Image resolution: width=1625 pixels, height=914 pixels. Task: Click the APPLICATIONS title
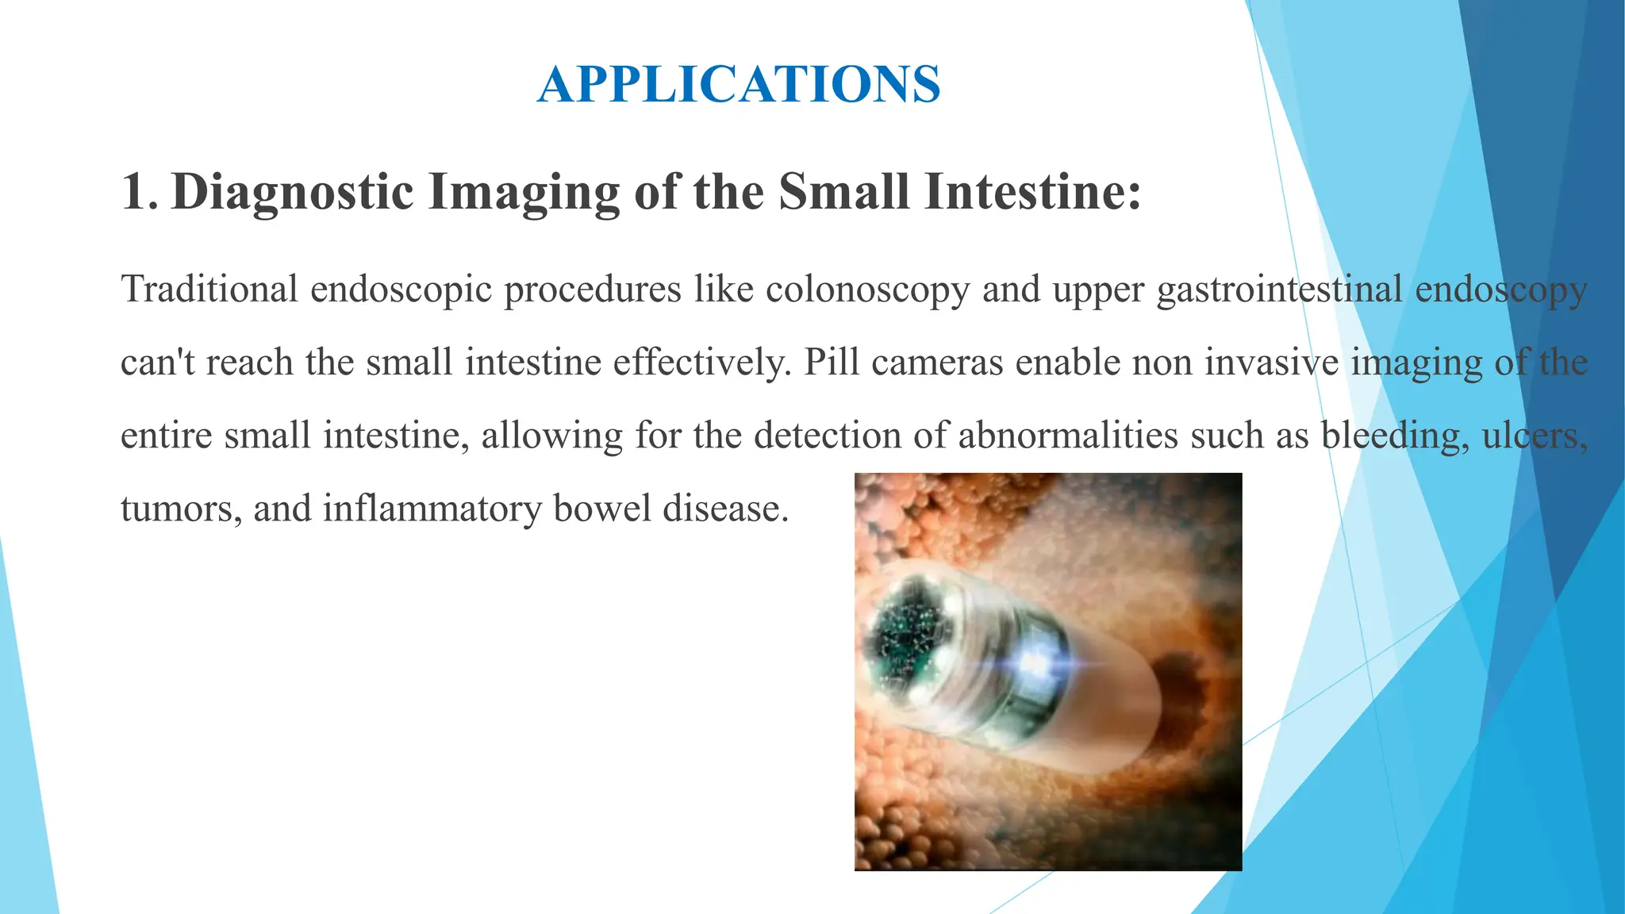pyautogui.click(x=739, y=84)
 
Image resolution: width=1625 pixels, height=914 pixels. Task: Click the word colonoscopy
pyautogui.click(x=867, y=289)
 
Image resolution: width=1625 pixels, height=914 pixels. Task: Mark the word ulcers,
pyautogui.click(x=1535, y=436)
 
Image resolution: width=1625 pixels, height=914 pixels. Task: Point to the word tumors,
pyautogui.click(x=181, y=509)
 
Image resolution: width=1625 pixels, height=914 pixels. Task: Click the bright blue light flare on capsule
pyautogui.click(x=1035, y=661)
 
